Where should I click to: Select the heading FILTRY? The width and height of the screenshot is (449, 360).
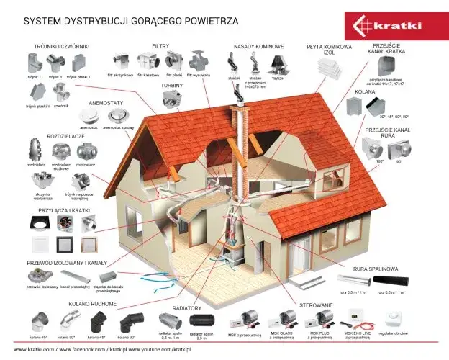click(x=160, y=46)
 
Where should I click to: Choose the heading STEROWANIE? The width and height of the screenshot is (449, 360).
click(x=317, y=305)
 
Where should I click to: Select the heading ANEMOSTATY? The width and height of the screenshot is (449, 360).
click(x=106, y=102)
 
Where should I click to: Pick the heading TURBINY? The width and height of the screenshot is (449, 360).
click(x=171, y=85)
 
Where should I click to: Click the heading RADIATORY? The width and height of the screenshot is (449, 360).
click(x=186, y=305)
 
